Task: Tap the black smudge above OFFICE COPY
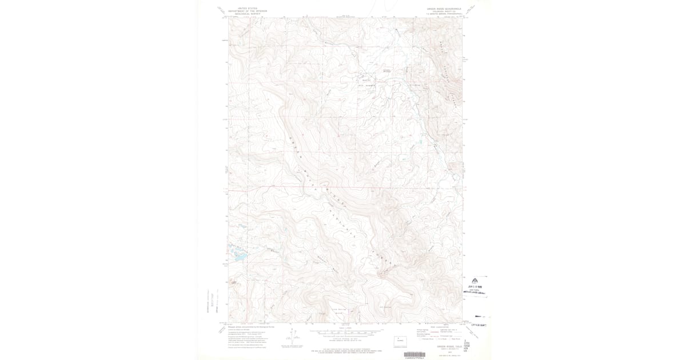[x=482, y=316]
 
